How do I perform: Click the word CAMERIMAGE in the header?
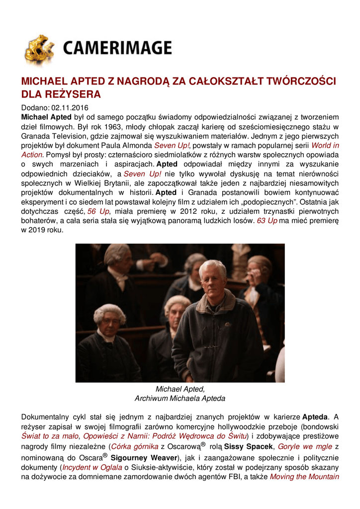tap(117, 48)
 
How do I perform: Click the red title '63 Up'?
tap(267, 221)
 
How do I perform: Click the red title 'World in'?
tap(325, 145)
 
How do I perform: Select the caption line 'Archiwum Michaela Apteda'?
tap(180, 398)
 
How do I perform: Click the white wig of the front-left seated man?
tap(109, 312)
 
